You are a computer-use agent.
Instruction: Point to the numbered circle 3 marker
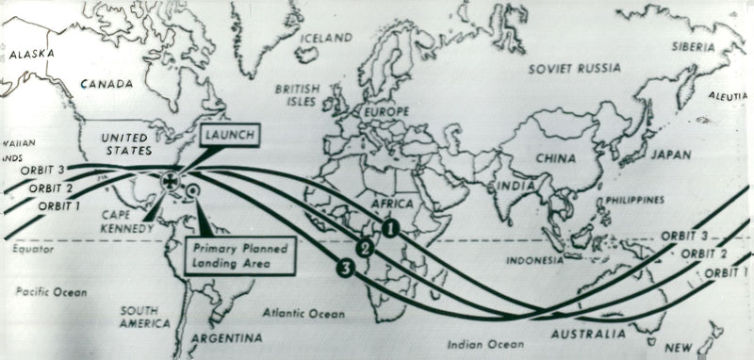346,270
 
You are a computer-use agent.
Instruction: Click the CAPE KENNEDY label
127,221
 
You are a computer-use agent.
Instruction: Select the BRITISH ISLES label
299,94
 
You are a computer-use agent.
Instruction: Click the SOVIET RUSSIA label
574,69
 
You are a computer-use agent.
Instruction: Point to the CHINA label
555,158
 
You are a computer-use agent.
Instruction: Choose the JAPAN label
671,155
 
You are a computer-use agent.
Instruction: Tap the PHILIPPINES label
634,200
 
